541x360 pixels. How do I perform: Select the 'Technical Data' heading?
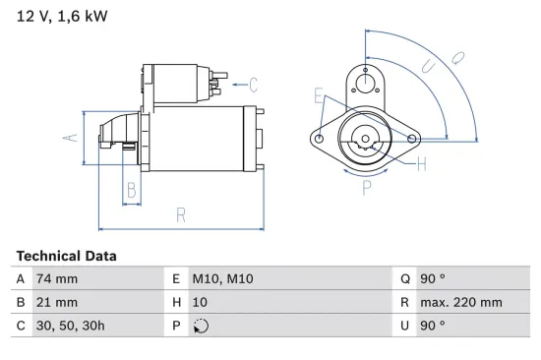(x=66, y=256)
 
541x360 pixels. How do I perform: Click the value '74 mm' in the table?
(x=55, y=279)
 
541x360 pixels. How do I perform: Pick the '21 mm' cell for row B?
(x=55, y=303)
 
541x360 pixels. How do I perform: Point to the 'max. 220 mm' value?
(x=462, y=303)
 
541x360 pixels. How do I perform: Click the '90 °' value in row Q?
(x=433, y=279)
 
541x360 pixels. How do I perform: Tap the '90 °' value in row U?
(x=433, y=326)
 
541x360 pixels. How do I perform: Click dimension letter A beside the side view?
(x=69, y=137)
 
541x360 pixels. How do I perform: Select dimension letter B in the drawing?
(x=131, y=191)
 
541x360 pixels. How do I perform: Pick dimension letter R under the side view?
(x=181, y=214)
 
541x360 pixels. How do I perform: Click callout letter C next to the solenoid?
(x=253, y=85)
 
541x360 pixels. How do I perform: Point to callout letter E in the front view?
(x=318, y=95)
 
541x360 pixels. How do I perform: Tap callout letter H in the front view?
(x=421, y=164)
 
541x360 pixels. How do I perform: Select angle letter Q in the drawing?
(x=457, y=58)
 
